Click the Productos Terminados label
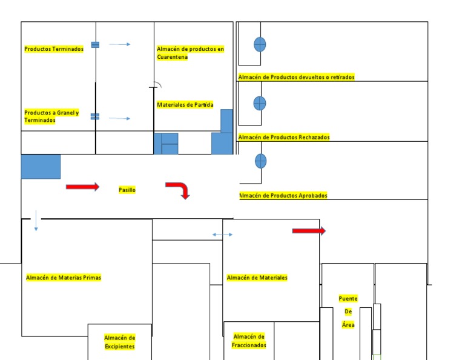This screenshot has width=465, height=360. pyautogui.click(x=54, y=49)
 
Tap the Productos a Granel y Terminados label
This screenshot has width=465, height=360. pyautogui.click(x=51, y=116)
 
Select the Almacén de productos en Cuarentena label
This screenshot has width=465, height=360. pyautogui.click(x=190, y=53)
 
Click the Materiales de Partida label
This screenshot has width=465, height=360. pyautogui.click(x=185, y=105)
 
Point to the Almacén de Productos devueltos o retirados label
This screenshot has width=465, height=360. pyautogui.click(x=296, y=77)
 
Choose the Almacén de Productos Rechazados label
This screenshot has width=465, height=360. pyautogui.click(x=284, y=137)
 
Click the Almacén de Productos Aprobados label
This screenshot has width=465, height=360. pyautogui.click(x=283, y=195)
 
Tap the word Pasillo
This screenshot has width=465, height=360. pyautogui.click(x=127, y=190)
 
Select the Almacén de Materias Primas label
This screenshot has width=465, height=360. pyautogui.click(x=64, y=278)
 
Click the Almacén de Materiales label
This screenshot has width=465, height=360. pyautogui.click(x=257, y=278)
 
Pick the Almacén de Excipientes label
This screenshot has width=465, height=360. pyautogui.click(x=119, y=342)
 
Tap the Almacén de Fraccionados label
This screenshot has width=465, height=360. pyautogui.click(x=249, y=341)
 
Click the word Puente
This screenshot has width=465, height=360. pyautogui.click(x=348, y=298)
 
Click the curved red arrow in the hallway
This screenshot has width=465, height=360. pyautogui.click(x=179, y=189)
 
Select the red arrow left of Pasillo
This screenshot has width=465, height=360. pyautogui.click(x=82, y=187)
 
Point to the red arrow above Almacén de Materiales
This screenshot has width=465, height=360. pyautogui.click(x=309, y=231)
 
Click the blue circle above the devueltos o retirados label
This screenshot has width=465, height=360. pyautogui.click(x=260, y=44)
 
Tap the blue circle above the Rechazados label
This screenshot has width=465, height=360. pyautogui.click(x=260, y=103)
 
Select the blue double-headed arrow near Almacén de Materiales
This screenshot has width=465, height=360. pyautogui.click(x=222, y=235)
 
